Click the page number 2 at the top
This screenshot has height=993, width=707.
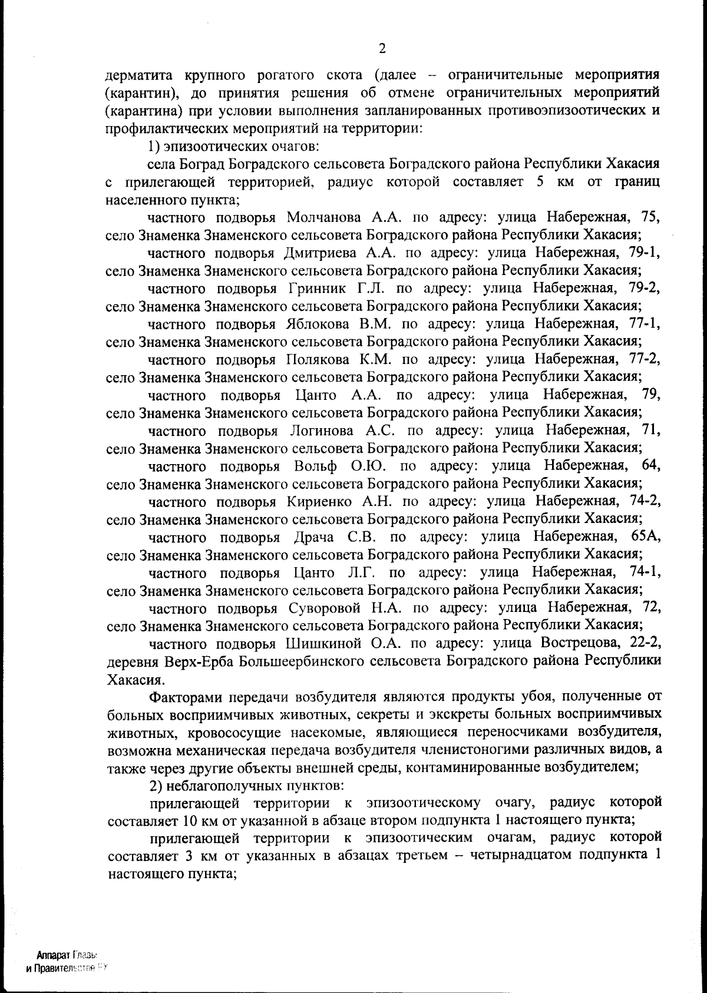[382, 48]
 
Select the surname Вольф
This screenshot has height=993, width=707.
[315, 466]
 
